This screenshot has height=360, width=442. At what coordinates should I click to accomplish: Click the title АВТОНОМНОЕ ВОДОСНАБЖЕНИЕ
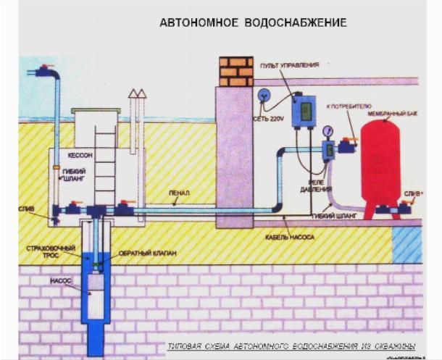(253, 23)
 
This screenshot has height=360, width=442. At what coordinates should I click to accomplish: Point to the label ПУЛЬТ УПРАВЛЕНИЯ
(288, 65)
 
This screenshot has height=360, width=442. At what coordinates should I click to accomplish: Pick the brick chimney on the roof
(235, 71)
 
